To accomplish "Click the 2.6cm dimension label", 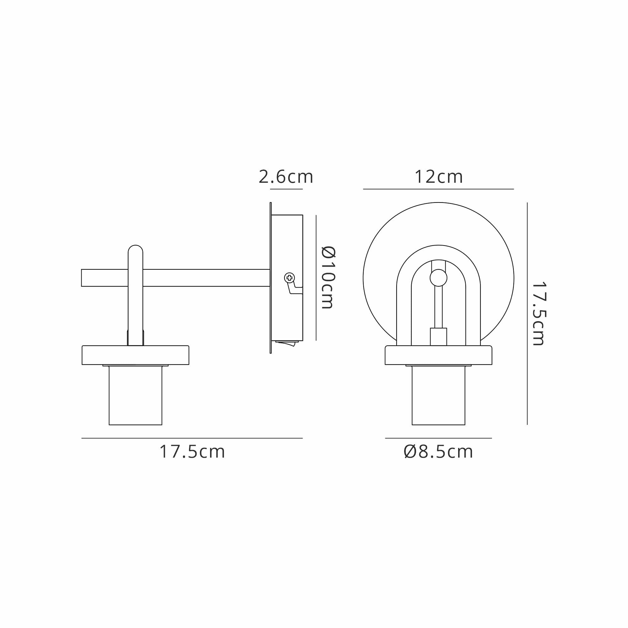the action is click(x=286, y=177).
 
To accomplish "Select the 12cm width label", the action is click(x=438, y=177).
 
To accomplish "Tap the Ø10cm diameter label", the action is click(x=328, y=277).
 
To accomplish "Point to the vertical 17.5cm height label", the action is click(x=539, y=313).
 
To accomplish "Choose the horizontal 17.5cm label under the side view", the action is click(x=192, y=452).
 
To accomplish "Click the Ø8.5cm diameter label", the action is click(x=438, y=452).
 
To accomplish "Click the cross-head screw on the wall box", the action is click(x=289, y=278).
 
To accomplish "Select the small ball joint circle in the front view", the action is click(x=438, y=278).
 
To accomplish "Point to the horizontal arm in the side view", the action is click(x=176, y=278).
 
